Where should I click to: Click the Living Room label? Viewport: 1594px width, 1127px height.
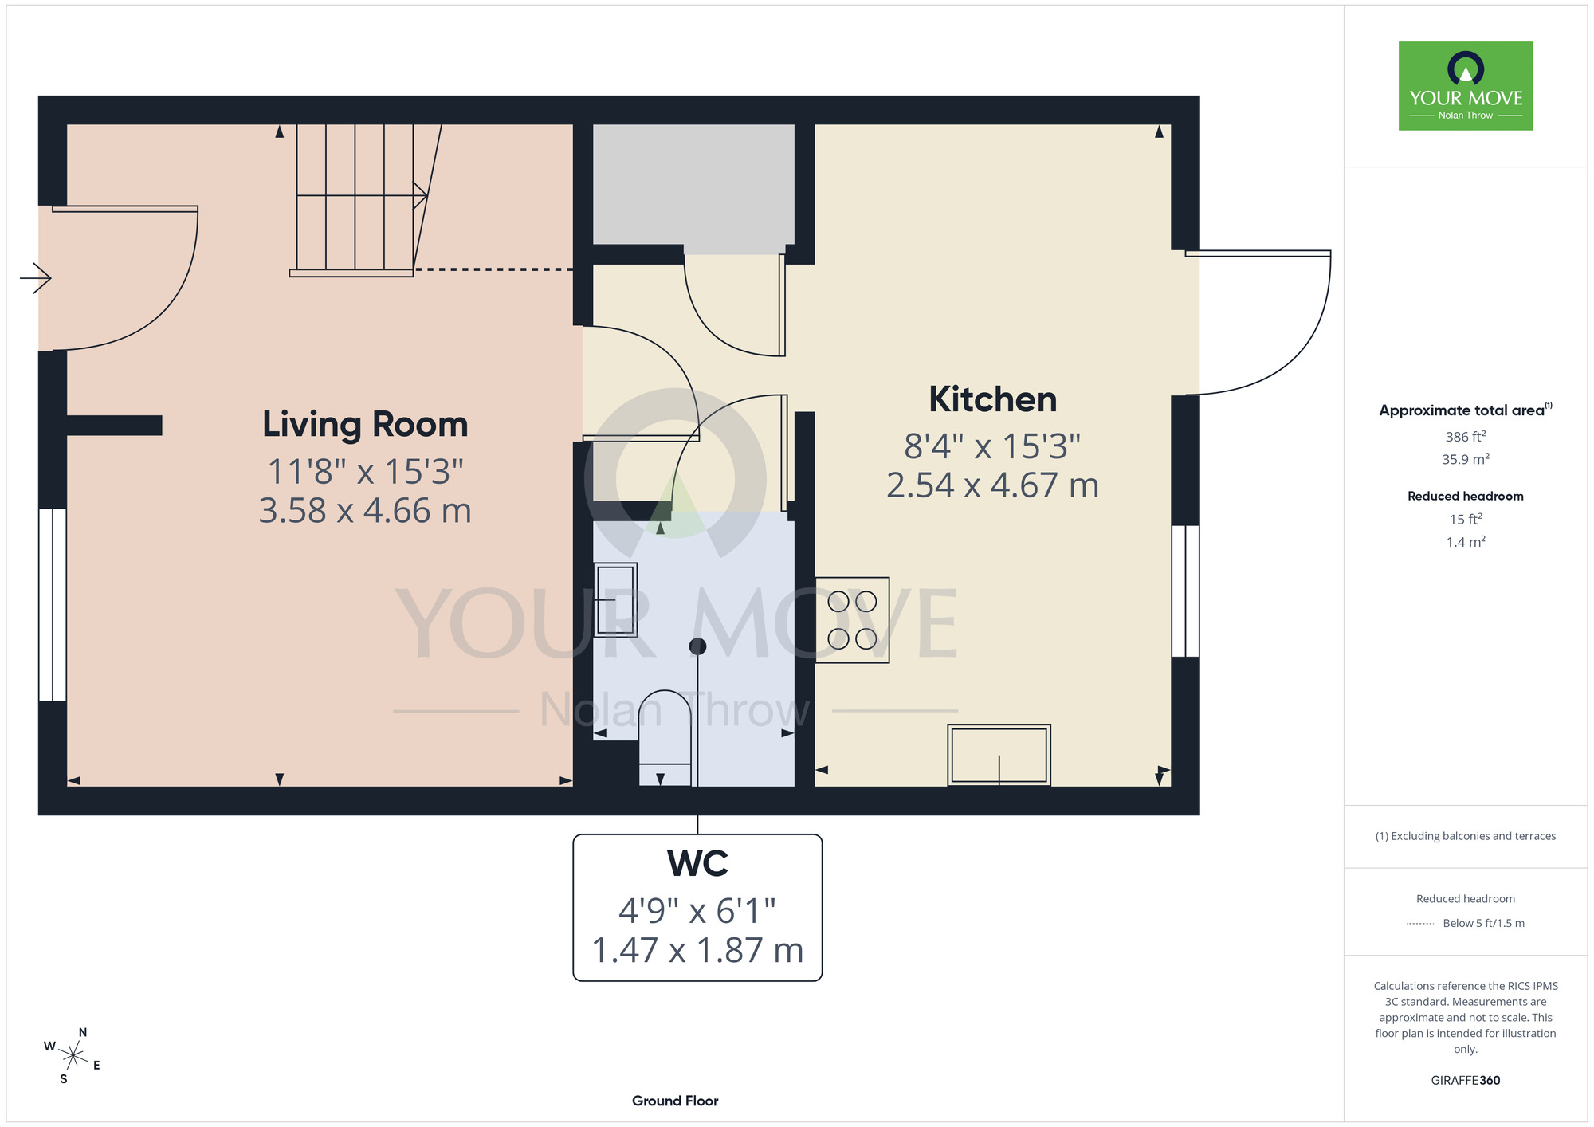coord(365,425)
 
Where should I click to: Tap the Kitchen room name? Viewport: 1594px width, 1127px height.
coord(993,399)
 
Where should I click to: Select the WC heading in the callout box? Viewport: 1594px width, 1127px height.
coord(697,863)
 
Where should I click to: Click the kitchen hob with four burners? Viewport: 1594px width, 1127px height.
coord(852,620)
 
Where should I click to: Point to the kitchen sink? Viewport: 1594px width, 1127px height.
coord(999,755)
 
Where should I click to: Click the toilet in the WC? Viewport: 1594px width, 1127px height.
coord(665,738)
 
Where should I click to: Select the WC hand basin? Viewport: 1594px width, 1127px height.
coord(615,599)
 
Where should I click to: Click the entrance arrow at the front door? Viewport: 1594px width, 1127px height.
coord(36,278)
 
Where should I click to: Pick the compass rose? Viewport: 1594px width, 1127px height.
coord(73,1056)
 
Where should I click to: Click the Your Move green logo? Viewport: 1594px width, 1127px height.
coord(1465,86)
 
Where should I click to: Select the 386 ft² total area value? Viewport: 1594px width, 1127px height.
coord(1465,436)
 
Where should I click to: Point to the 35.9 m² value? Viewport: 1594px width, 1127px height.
coord(1465,459)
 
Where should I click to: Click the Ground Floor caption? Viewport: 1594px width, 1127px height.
coord(675,1101)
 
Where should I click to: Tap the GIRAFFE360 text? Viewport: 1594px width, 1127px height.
coord(1465,1081)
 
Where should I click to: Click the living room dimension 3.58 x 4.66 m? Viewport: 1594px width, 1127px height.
coord(365,510)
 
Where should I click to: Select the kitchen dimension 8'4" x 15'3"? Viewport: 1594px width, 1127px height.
coord(992,446)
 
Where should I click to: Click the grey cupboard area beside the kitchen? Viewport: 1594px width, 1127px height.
coord(693,184)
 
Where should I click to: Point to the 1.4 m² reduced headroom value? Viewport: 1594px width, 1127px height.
coord(1465,542)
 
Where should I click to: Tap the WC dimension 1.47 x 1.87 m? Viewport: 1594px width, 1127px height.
coord(697,950)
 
